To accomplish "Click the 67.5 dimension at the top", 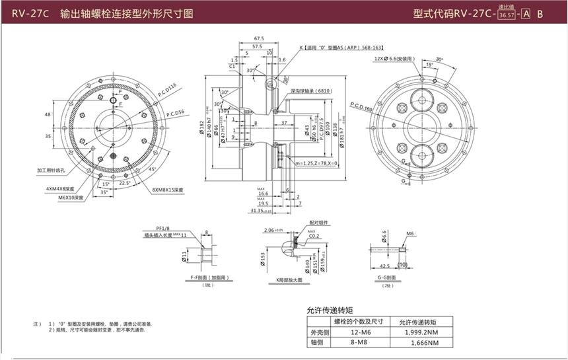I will (259, 39).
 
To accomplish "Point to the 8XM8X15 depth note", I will (168, 190).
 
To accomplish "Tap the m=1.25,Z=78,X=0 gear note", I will (316, 163).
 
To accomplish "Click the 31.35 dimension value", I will (259, 211).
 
